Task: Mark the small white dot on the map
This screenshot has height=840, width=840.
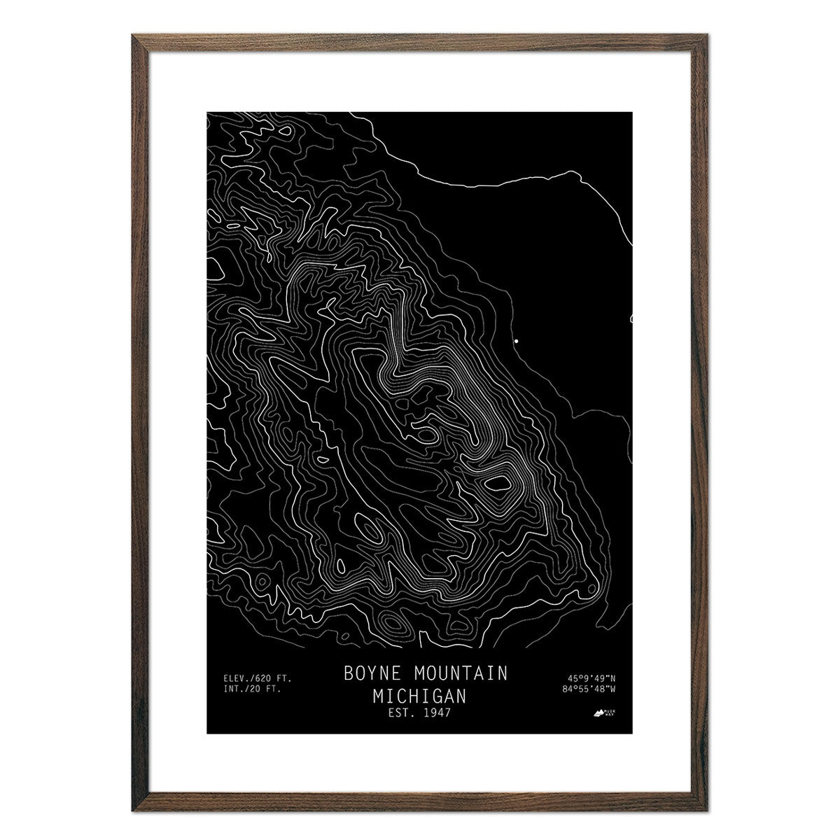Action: pos(517,340)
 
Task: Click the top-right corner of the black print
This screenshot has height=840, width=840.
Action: pos(633,111)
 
